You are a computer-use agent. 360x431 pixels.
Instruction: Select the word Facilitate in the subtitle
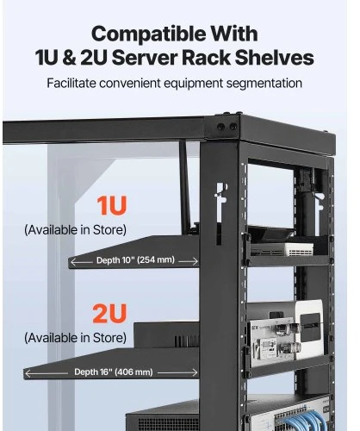71,84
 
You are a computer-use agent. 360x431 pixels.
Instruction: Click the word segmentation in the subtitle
264,84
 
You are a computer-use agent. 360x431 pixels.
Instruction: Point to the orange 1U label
112,205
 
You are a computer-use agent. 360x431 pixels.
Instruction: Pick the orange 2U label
109,313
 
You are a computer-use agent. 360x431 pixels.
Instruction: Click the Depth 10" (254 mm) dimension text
135,260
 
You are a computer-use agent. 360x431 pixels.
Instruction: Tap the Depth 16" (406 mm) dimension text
114,372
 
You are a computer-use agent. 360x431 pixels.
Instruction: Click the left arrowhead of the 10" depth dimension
73,262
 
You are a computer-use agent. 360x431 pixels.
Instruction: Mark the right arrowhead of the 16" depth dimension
195,372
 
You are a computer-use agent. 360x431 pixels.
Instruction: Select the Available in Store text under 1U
75,230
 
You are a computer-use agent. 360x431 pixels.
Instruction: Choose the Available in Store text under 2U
75,338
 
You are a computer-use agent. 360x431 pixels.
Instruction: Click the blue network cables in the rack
305,420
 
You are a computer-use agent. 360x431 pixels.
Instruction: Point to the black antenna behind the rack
185,187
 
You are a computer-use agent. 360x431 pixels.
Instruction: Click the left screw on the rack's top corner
220,127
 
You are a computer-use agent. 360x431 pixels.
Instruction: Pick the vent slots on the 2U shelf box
186,341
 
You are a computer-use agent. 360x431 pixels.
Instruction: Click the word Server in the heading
145,58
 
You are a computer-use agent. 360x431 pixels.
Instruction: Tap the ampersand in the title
69,58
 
